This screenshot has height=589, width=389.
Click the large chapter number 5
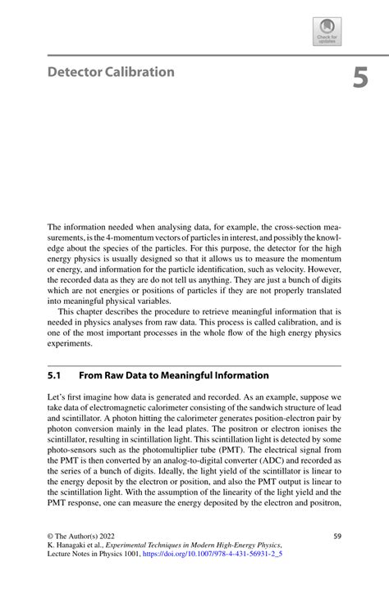click(361, 78)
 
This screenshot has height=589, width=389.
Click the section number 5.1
click(56, 375)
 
